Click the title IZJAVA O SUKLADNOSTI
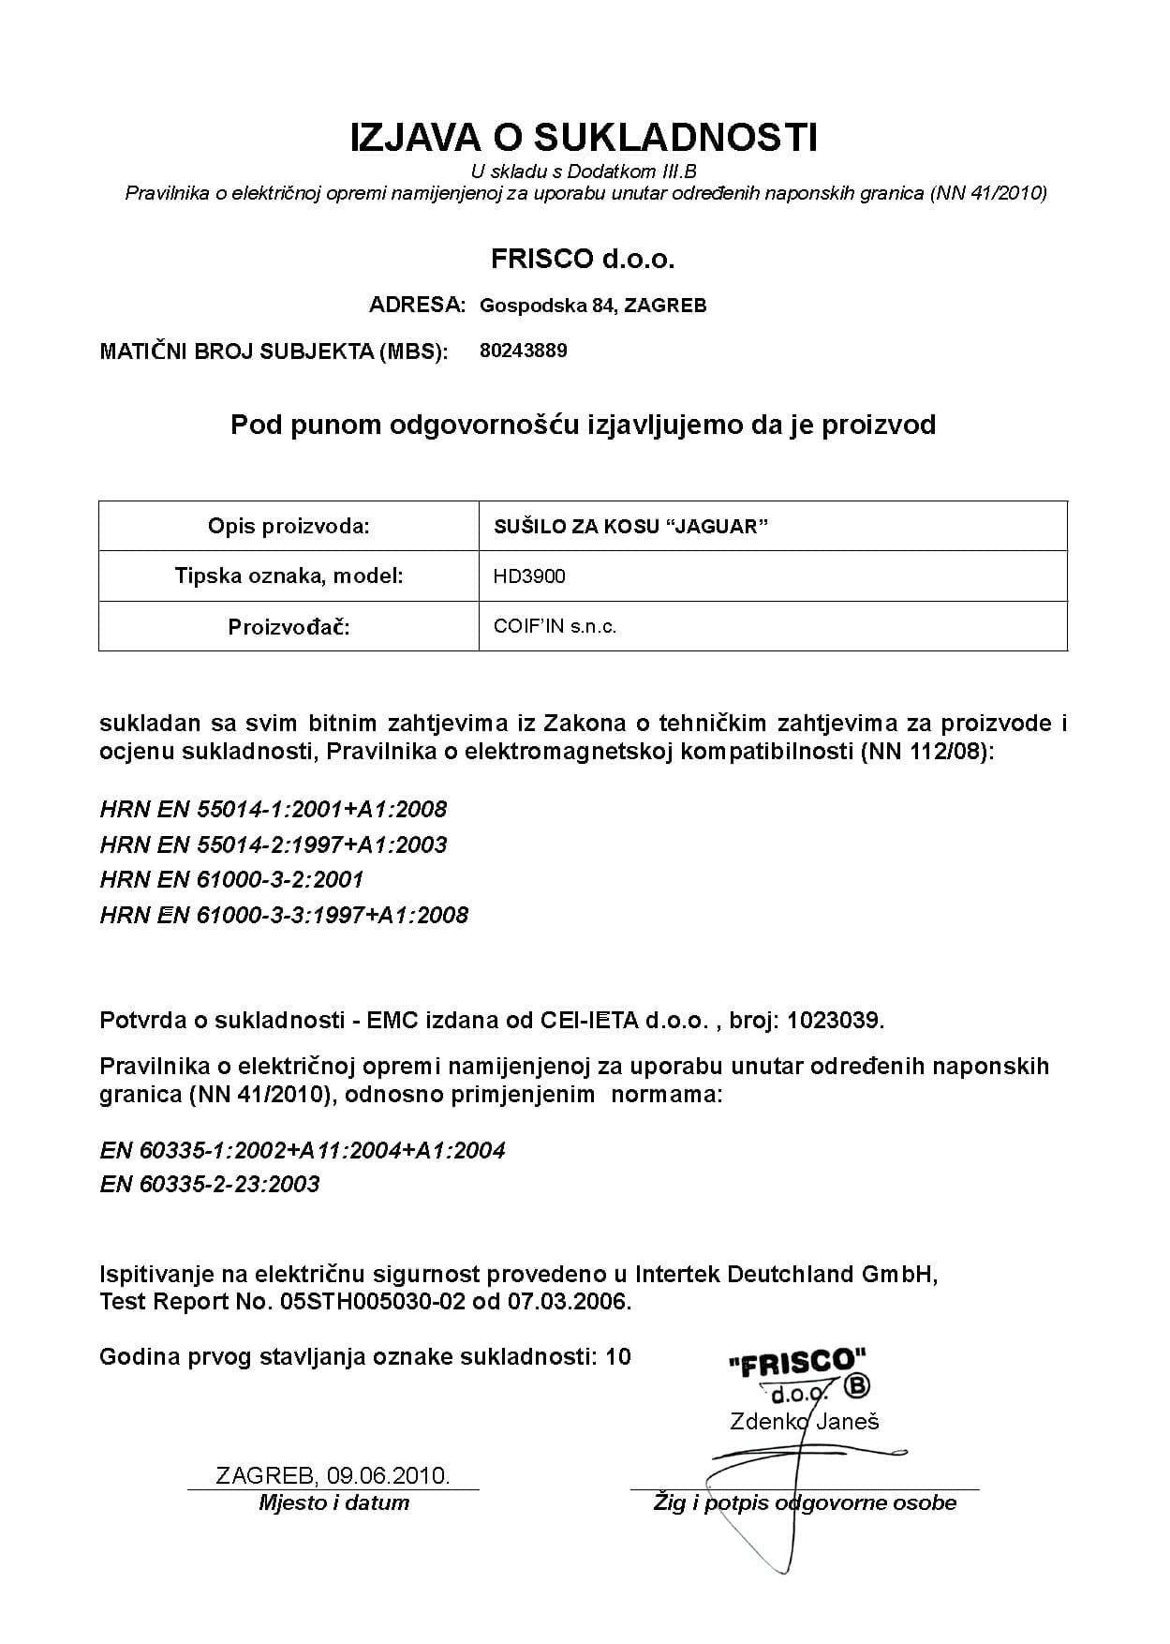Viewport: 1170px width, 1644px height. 584,138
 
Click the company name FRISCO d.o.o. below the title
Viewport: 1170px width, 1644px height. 583,259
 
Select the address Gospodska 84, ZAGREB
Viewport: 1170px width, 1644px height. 592,306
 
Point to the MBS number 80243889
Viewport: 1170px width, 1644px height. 523,351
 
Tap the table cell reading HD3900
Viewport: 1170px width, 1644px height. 529,576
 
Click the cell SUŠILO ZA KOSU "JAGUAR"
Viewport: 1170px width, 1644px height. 630,527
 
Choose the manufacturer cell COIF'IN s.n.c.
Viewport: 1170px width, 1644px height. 555,626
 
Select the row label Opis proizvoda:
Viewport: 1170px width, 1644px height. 289,527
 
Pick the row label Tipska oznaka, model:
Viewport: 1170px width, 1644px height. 289,576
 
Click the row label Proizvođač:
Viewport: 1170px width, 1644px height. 289,626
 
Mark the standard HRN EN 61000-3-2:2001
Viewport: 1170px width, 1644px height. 231,879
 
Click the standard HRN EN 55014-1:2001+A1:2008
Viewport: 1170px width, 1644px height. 274,809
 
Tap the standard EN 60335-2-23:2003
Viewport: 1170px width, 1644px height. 210,1184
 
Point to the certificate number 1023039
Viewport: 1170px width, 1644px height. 835,1020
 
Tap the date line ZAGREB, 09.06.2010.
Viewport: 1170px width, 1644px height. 333,1476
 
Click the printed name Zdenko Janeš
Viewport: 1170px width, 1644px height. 804,1422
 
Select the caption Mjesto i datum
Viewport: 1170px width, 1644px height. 333,1502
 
